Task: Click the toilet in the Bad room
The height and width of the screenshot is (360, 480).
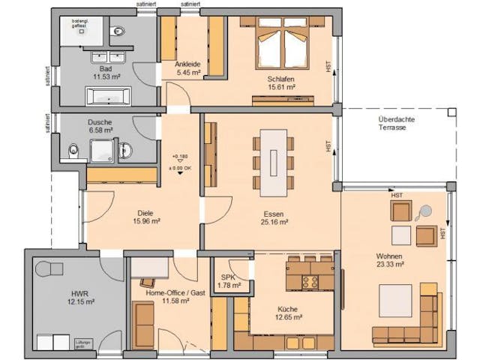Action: coord(118,31)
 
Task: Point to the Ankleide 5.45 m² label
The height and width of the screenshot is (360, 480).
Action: coord(189,69)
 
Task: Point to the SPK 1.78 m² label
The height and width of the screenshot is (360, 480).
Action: coord(225,280)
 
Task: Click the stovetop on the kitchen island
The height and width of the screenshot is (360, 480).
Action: coord(310,282)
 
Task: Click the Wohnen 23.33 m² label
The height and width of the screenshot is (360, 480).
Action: coord(390,259)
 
